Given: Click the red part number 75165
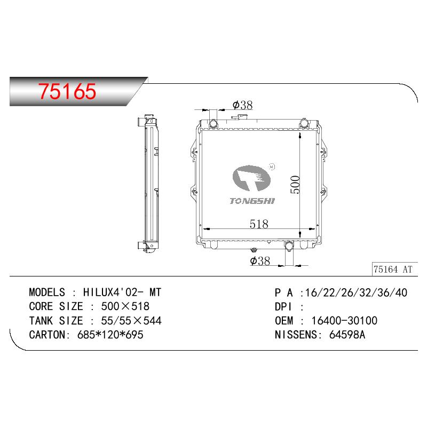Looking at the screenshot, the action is tap(67, 91).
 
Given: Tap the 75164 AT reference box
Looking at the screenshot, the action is tap(394, 269).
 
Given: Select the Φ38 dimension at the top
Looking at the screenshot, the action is tap(243, 105).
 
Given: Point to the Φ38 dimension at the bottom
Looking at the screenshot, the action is tap(260, 260).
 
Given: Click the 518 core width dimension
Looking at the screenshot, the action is tap(259, 224).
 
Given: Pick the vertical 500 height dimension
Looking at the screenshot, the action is tap(295, 185).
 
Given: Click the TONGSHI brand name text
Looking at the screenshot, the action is tap(252, 201).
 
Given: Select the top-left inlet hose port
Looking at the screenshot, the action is tap(213, 124).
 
